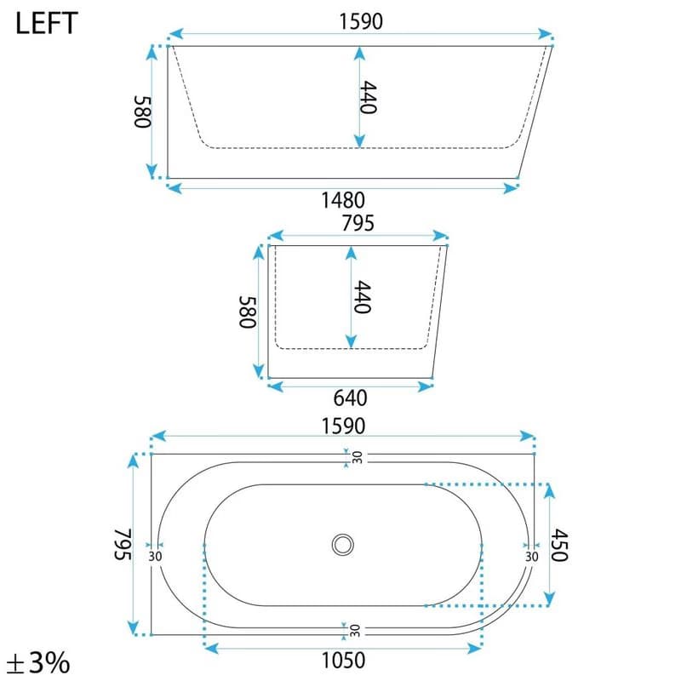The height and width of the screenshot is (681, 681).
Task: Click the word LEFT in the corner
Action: [47, 24]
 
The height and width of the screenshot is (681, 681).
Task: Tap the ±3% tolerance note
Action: [39, 663]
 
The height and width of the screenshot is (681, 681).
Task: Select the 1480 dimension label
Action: [343, 201]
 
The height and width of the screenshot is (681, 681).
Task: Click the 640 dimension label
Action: [350, 398]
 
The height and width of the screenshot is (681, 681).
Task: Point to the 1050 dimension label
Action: [343, 661]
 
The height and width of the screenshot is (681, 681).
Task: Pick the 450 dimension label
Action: [559, 545]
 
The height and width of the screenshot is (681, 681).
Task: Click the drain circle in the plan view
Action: [343, 545]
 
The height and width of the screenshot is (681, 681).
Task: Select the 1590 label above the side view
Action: [361, 22]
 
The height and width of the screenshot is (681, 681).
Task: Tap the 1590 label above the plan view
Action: [343, 426]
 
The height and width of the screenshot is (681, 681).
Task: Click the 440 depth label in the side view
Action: [368, 97]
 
